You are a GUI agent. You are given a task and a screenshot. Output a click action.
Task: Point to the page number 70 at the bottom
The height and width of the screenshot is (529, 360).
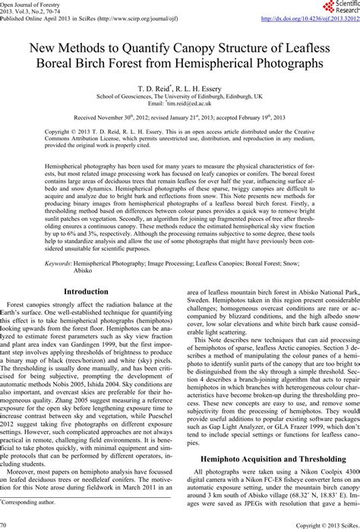click(6, 524)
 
